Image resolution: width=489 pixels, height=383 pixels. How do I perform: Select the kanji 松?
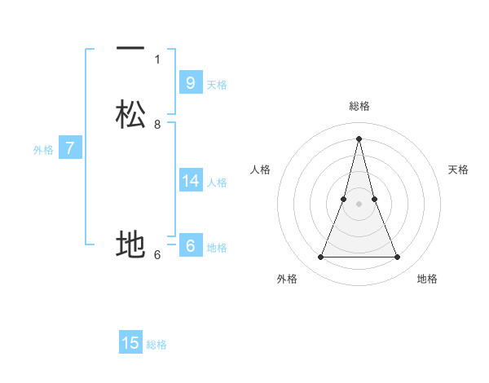[x=130, y=114]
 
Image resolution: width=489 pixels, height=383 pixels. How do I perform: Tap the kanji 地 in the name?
[x=130, y=244]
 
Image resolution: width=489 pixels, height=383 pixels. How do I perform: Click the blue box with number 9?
[x=190, y=82]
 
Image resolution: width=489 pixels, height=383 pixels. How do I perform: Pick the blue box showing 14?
[x=190, y=180]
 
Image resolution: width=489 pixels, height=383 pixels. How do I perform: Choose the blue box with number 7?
[x=70, y=148]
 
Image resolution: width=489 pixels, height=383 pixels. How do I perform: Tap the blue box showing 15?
[x=130, y=343]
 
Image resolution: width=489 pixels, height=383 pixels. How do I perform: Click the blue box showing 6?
[x=190, y=245]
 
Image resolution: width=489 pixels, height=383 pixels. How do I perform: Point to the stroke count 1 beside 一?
[x=157, y=59]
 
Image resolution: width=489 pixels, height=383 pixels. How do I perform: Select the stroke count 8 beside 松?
[x=157, y=125]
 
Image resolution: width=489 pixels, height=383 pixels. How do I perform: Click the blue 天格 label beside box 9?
[x=217, y=85]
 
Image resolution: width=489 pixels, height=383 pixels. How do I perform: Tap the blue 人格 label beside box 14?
[x=217, y=183]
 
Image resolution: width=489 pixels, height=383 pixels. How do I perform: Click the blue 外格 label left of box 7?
[x=42, y=150]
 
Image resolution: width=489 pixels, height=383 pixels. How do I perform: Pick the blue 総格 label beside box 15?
[x=156, y=345]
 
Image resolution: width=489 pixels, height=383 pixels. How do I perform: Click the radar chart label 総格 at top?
[x=359, y=106]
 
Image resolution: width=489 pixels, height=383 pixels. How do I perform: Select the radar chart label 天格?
[x=459, y=169]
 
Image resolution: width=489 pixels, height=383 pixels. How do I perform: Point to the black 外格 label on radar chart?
[x=287, y=279]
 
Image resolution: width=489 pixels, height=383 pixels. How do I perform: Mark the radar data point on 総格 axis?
[x=359, y=139]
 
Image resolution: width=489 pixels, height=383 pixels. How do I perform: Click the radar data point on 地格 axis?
[x=398, y=258]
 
